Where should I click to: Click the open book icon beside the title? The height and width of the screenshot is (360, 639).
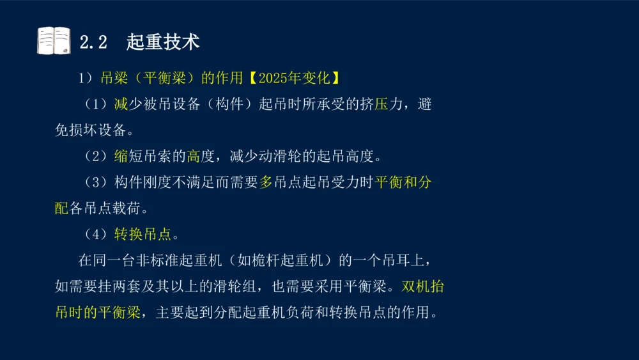pyautogui.click(x=54, y=41)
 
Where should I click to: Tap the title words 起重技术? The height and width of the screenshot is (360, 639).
pyautogui.click(x=163, y=42)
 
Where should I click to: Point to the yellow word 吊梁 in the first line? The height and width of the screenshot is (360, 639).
pyautogui.click(x=114, y=79)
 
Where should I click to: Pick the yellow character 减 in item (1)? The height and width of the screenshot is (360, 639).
pyautogui.click(x=121, y=105)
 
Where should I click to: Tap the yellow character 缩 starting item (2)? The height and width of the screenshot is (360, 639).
pyautogui.click(x=121, y=157)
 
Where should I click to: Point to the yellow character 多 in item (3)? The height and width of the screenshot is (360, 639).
pyautogui.click(x=266, y=183)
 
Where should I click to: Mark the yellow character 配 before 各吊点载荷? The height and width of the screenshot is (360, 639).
pyautogui.click(x=61, y=208)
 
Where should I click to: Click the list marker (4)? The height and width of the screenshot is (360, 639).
pyautogui.click(x=96, y=235)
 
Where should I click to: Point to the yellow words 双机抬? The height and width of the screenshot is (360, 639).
pyautogui.click(x=422, y=286)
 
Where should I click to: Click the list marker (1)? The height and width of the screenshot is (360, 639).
pyautogui.click(x=96, y=105)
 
